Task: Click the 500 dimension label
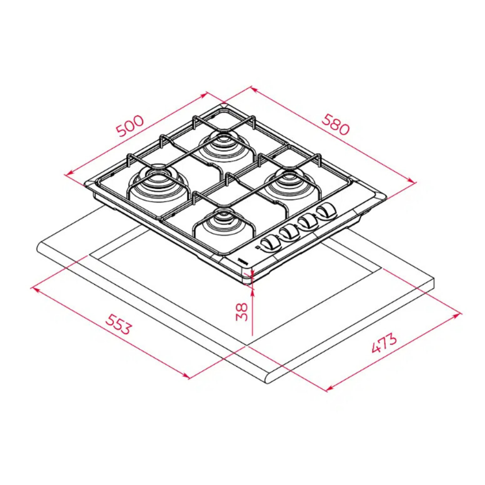[130, 126]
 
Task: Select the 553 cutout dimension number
[118, 324]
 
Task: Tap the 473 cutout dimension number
[384, 343]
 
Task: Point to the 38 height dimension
[242, 312]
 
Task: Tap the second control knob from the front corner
[289, 231]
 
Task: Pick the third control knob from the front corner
[308, 221]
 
